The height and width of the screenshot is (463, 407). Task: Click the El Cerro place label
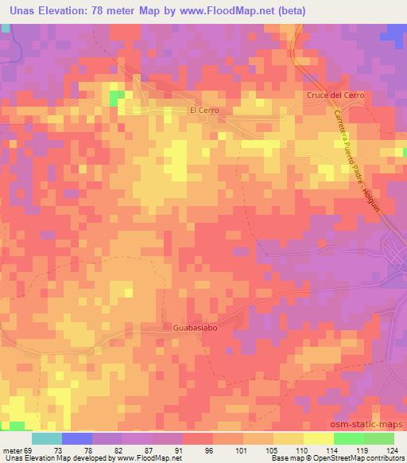[x=203, y=111]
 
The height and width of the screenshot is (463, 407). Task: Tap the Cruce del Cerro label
[x=335, y=95]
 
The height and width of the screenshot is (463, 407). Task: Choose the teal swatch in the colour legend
[x=46, y=438]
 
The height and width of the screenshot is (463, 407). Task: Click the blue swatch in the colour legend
[x=76, y=438]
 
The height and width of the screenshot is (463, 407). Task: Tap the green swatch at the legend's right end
[x=378, y=438]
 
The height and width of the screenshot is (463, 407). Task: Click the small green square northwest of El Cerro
[x=118, y=98]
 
